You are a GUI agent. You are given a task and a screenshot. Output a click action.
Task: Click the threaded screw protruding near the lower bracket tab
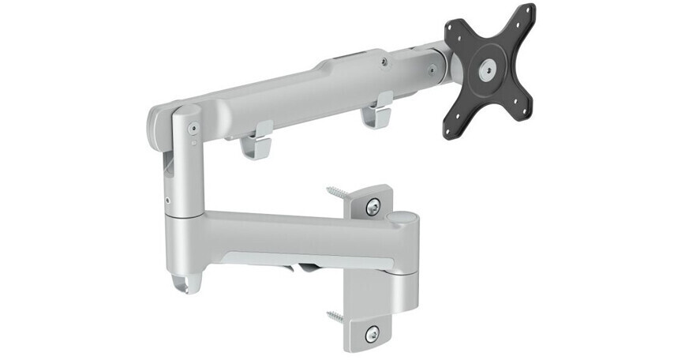click(335, 317)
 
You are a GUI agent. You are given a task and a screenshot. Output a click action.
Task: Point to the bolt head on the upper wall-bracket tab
click(373, 207)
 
